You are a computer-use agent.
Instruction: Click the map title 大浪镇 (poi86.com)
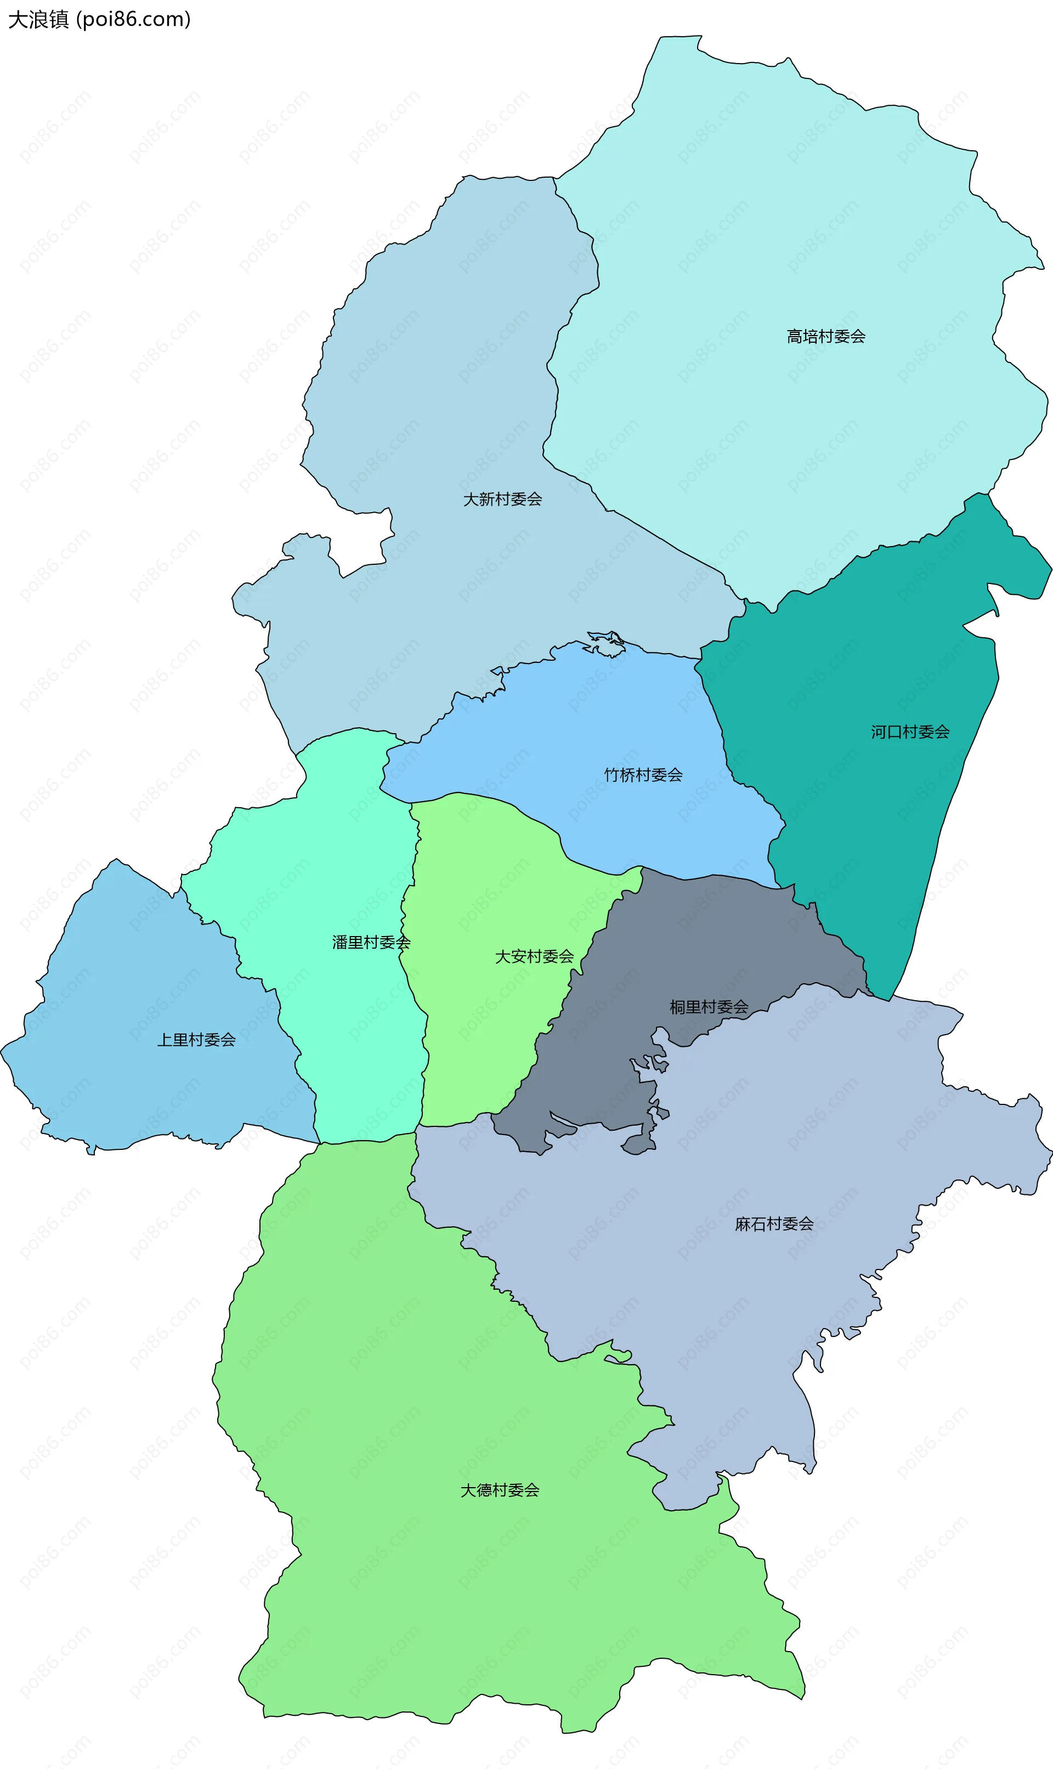tap(99, 19)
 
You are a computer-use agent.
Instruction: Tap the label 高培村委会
tap(825, 336)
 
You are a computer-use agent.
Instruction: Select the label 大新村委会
tap(502, 500)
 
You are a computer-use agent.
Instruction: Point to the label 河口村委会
tap(910, 732)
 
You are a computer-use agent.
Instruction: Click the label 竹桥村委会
tap(643, 775)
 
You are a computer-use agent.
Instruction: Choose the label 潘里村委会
tap(371, 943)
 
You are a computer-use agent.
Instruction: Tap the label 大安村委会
tap(534, 957)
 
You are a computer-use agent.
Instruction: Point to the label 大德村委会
tap(500, 1491)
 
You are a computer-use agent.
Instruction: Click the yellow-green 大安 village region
tap(490, 887)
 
